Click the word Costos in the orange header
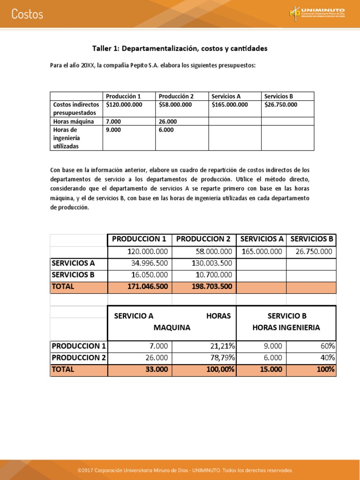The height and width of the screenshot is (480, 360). point(27,14)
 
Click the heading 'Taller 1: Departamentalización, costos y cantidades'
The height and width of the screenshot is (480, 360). point(180,48)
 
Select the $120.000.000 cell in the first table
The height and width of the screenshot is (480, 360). point(124,105)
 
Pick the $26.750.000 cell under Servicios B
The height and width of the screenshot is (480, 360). point(281,105)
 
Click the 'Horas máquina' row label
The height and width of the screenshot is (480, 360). point(74,121)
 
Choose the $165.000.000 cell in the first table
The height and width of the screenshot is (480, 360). point(230,105)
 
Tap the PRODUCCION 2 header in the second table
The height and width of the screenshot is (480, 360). point(204,239)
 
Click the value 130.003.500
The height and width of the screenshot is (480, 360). point(212,263)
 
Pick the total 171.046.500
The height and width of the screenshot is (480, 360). point(148,286)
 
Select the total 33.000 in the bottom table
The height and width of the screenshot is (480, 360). point(156,369)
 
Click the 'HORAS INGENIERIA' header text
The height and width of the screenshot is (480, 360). point(286,328)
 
